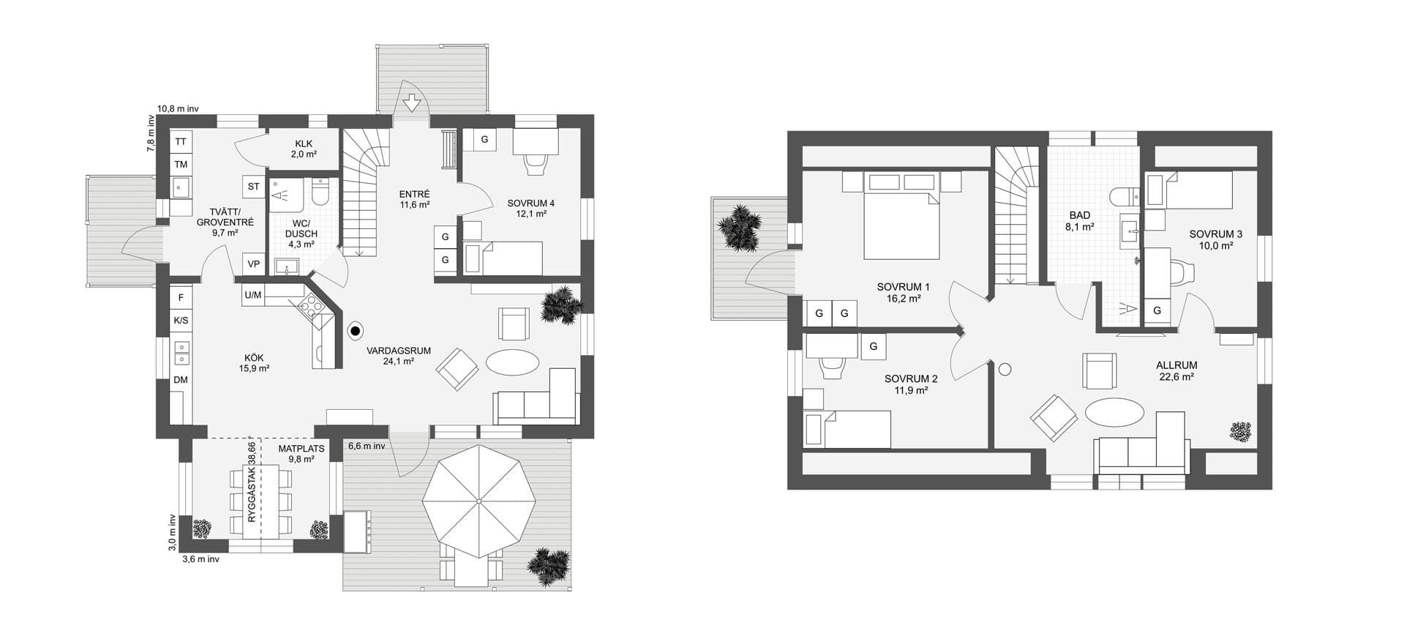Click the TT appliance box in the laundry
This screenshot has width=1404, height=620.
(181, 142)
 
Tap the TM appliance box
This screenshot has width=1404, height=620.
(181, 165)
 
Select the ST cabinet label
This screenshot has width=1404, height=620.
(254, 187)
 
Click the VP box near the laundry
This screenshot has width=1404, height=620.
(254, 264)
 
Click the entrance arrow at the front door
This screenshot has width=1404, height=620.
(413, 102)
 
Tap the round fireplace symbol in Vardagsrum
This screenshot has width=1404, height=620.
(356, 332)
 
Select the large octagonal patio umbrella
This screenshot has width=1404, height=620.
(478, 501)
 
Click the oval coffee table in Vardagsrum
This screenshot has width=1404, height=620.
(514, 362)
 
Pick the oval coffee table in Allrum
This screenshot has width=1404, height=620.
(1114, 411)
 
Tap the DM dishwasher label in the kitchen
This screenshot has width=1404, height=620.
(181, 380)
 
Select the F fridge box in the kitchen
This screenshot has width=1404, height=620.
(181, 298)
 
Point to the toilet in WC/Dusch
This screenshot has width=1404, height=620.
(320, 193)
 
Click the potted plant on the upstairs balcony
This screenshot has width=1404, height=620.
(739, 228)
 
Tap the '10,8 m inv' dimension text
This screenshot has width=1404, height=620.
(179, 108)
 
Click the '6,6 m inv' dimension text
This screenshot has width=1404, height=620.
(367, 445)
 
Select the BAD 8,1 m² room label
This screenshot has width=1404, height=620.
(1080, 221)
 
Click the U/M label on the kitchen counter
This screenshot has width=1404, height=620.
(253, 296)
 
